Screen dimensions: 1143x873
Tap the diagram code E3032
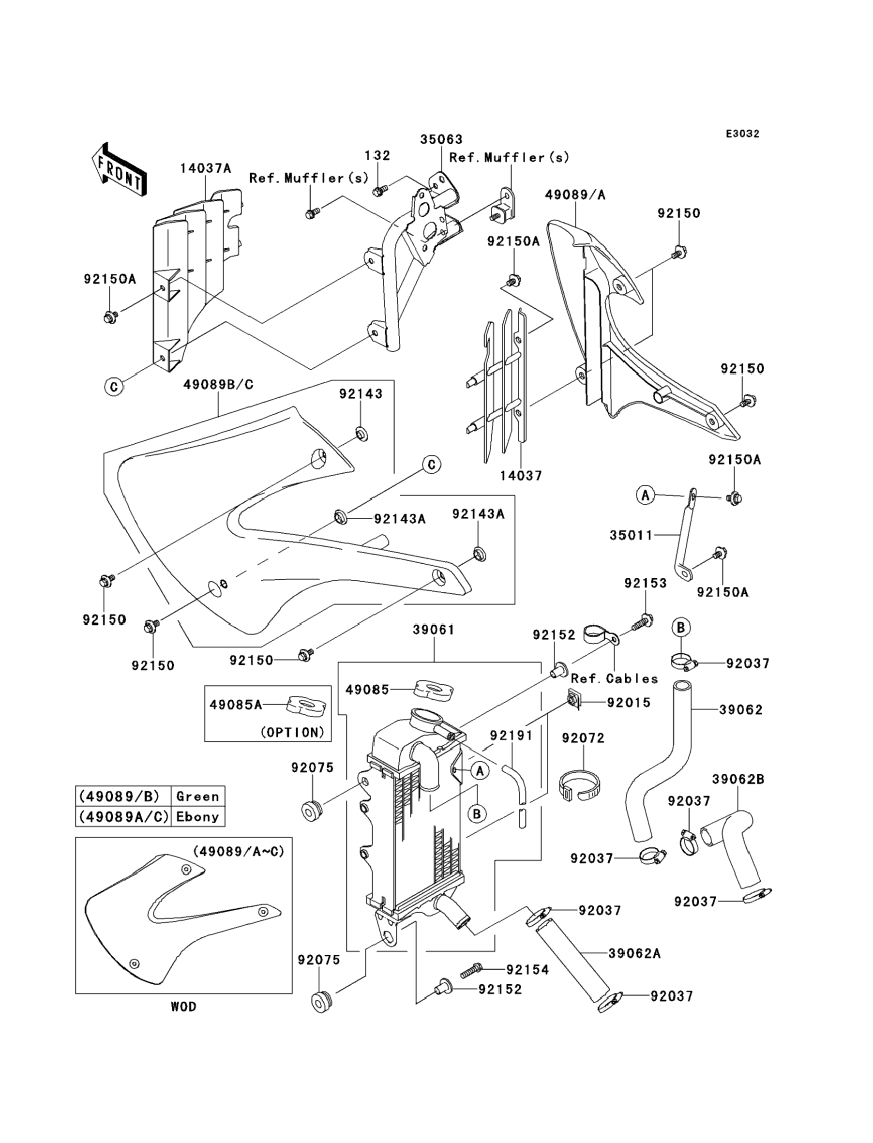(742, 134)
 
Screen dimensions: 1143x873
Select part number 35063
(441, 139)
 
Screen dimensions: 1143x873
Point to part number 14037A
(206, 168)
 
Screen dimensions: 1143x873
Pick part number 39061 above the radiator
(434, 630)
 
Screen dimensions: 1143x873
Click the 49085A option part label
(235, 705)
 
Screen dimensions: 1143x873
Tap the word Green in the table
(197, 797)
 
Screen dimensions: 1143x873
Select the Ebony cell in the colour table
(197, 817)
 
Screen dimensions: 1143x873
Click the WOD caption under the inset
(183, 1007)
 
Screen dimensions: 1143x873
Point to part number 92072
(583, 738)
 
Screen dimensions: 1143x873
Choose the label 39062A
(634, 953)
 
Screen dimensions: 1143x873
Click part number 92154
(527, 969)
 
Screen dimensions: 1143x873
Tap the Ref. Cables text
(614, 679)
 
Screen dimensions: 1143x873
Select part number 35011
(631, 535)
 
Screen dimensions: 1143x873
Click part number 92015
(629, 703)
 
